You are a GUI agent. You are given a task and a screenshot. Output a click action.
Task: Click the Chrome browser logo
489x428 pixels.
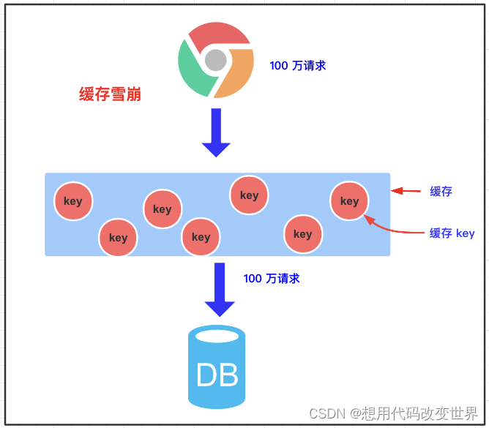[x=216, y=59]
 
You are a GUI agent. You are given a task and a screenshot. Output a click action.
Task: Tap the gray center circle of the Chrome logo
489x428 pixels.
[x=215, y=60]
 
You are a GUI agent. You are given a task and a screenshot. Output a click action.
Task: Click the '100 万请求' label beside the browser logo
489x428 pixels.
[x=298, y=66]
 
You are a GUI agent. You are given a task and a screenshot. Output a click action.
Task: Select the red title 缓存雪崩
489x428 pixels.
[x=110, y=94]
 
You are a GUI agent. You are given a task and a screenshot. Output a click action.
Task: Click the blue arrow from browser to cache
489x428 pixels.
[x=216, y=132]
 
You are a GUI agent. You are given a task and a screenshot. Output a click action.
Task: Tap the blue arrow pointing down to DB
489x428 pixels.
[x=220, y=289]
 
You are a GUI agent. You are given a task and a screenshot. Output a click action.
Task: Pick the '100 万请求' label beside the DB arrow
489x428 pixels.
[x=272, y=279]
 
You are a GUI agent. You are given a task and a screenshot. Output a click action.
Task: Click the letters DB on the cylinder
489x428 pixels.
[x=217, y=375]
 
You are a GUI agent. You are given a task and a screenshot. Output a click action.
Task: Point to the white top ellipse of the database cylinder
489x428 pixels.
[x=217, y=336]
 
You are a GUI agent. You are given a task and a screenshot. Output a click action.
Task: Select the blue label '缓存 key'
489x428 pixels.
[x=452, y=233]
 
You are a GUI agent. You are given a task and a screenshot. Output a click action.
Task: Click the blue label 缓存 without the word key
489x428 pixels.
[x=441, y=192]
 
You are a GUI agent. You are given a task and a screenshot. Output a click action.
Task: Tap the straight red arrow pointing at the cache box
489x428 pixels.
[x=406, y=191]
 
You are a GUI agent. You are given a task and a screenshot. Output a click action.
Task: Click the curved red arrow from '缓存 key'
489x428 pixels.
[x=395, y=230]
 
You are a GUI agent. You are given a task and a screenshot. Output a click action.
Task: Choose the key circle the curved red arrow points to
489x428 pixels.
[x=349, y=201]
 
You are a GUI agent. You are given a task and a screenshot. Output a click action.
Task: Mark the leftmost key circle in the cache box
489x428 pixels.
[x=73, y=201]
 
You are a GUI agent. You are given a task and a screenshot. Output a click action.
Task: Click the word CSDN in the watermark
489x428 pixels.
[x=326, y=413]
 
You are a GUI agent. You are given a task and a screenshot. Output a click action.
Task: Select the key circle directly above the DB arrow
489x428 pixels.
[x=201, y=237]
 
